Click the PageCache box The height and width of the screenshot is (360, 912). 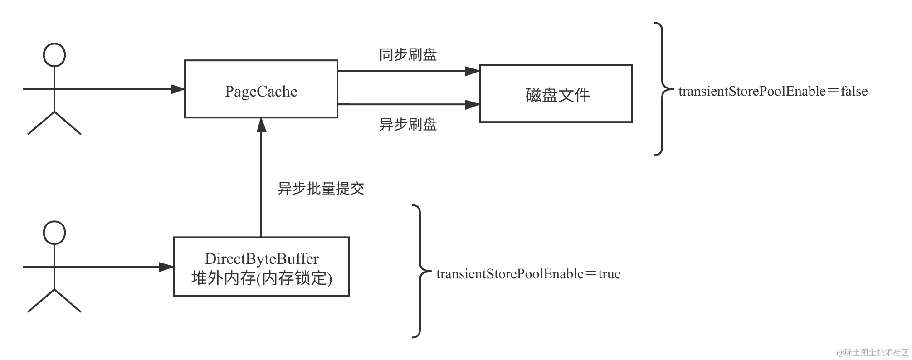261,89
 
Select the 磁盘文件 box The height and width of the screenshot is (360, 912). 556,94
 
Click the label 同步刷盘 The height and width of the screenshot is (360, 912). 408,55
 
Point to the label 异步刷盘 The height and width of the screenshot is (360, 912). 408,124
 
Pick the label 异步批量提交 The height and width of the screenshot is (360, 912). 321,188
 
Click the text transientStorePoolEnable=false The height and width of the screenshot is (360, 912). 773,92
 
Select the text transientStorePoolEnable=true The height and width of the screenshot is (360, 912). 528,274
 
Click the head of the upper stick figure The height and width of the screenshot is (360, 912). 54,55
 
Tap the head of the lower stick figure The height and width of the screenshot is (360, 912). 54,233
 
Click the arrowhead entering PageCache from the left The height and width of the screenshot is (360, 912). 178,89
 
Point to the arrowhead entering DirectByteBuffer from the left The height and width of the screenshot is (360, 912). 166,267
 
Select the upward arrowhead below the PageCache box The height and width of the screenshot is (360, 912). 261,126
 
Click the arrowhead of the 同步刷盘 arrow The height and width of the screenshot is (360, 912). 473,71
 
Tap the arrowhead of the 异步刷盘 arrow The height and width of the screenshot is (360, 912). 473,105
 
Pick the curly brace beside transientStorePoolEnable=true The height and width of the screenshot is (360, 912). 419,271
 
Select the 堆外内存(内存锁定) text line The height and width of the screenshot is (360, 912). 262,278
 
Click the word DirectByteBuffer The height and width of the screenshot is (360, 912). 262,259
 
